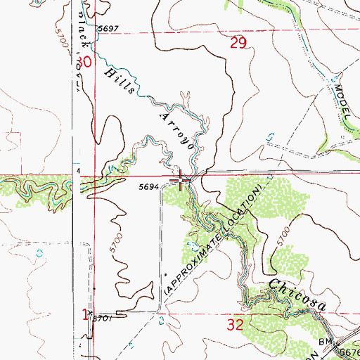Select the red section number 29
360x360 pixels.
coord(238,45)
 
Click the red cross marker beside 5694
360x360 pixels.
coord(183,182)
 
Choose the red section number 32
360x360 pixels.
coord(236,325)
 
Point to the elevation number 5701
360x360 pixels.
coord(105,319)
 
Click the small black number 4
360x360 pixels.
coord(79,171)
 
